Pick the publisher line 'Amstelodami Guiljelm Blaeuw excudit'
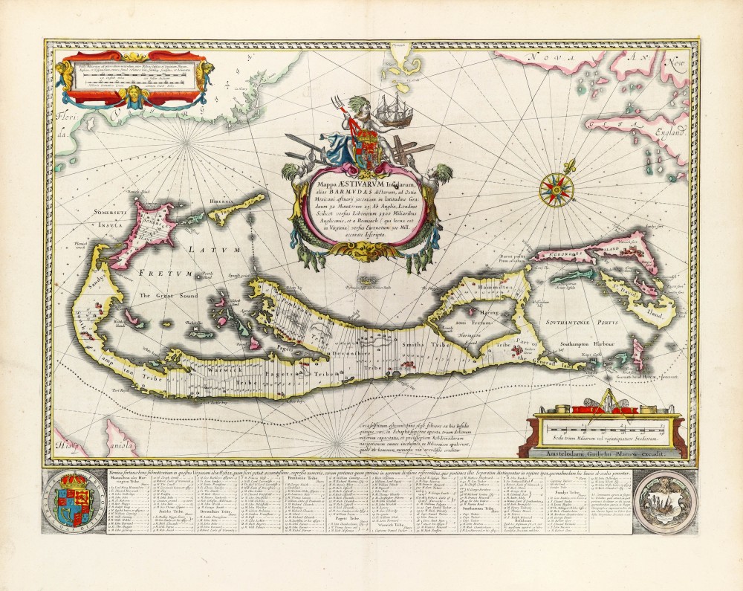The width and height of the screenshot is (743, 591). click(607, 451)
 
